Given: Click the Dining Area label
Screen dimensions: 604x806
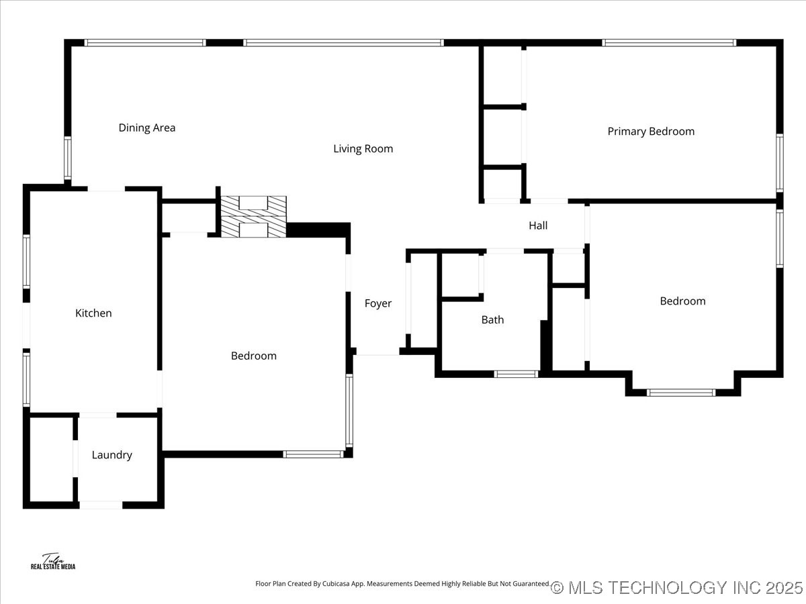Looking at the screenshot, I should click(x=147, y=128).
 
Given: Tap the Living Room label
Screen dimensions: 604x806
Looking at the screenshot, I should click(x=363, y=149).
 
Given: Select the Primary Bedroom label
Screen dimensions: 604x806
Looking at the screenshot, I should click(x=651, y=132).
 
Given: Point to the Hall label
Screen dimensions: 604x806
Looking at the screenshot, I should click(x=538, y=225).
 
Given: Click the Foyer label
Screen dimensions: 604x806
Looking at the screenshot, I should click(x=377, y=303).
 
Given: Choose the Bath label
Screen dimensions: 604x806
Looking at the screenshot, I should click(x=492, y=320).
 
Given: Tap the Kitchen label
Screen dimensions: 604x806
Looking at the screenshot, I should click(x=93, y=313).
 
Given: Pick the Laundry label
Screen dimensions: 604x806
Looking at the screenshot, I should click(x=111, y=455).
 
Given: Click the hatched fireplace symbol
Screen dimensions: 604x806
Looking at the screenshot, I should click(x=254, y=217).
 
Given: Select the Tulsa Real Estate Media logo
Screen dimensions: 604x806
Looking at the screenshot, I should click(x=53, y=562).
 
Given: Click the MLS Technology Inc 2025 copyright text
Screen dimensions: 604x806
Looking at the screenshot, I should click(x=676, y=588).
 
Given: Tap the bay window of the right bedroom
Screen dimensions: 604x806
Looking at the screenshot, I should click(x=681, y=393).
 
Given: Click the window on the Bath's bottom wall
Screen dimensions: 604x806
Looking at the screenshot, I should click(x=516, y=374).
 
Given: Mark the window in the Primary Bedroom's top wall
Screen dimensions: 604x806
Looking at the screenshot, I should click(x=669, y=43).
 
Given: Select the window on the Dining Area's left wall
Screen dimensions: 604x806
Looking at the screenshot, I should click(x=68, y=158).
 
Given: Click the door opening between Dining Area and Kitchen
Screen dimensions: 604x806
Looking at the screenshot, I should click(x=106, y=189).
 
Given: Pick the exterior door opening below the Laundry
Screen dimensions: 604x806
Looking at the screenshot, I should click(x=101, y=505).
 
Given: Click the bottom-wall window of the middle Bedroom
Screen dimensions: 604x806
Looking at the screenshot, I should click(x=313, y=454).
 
